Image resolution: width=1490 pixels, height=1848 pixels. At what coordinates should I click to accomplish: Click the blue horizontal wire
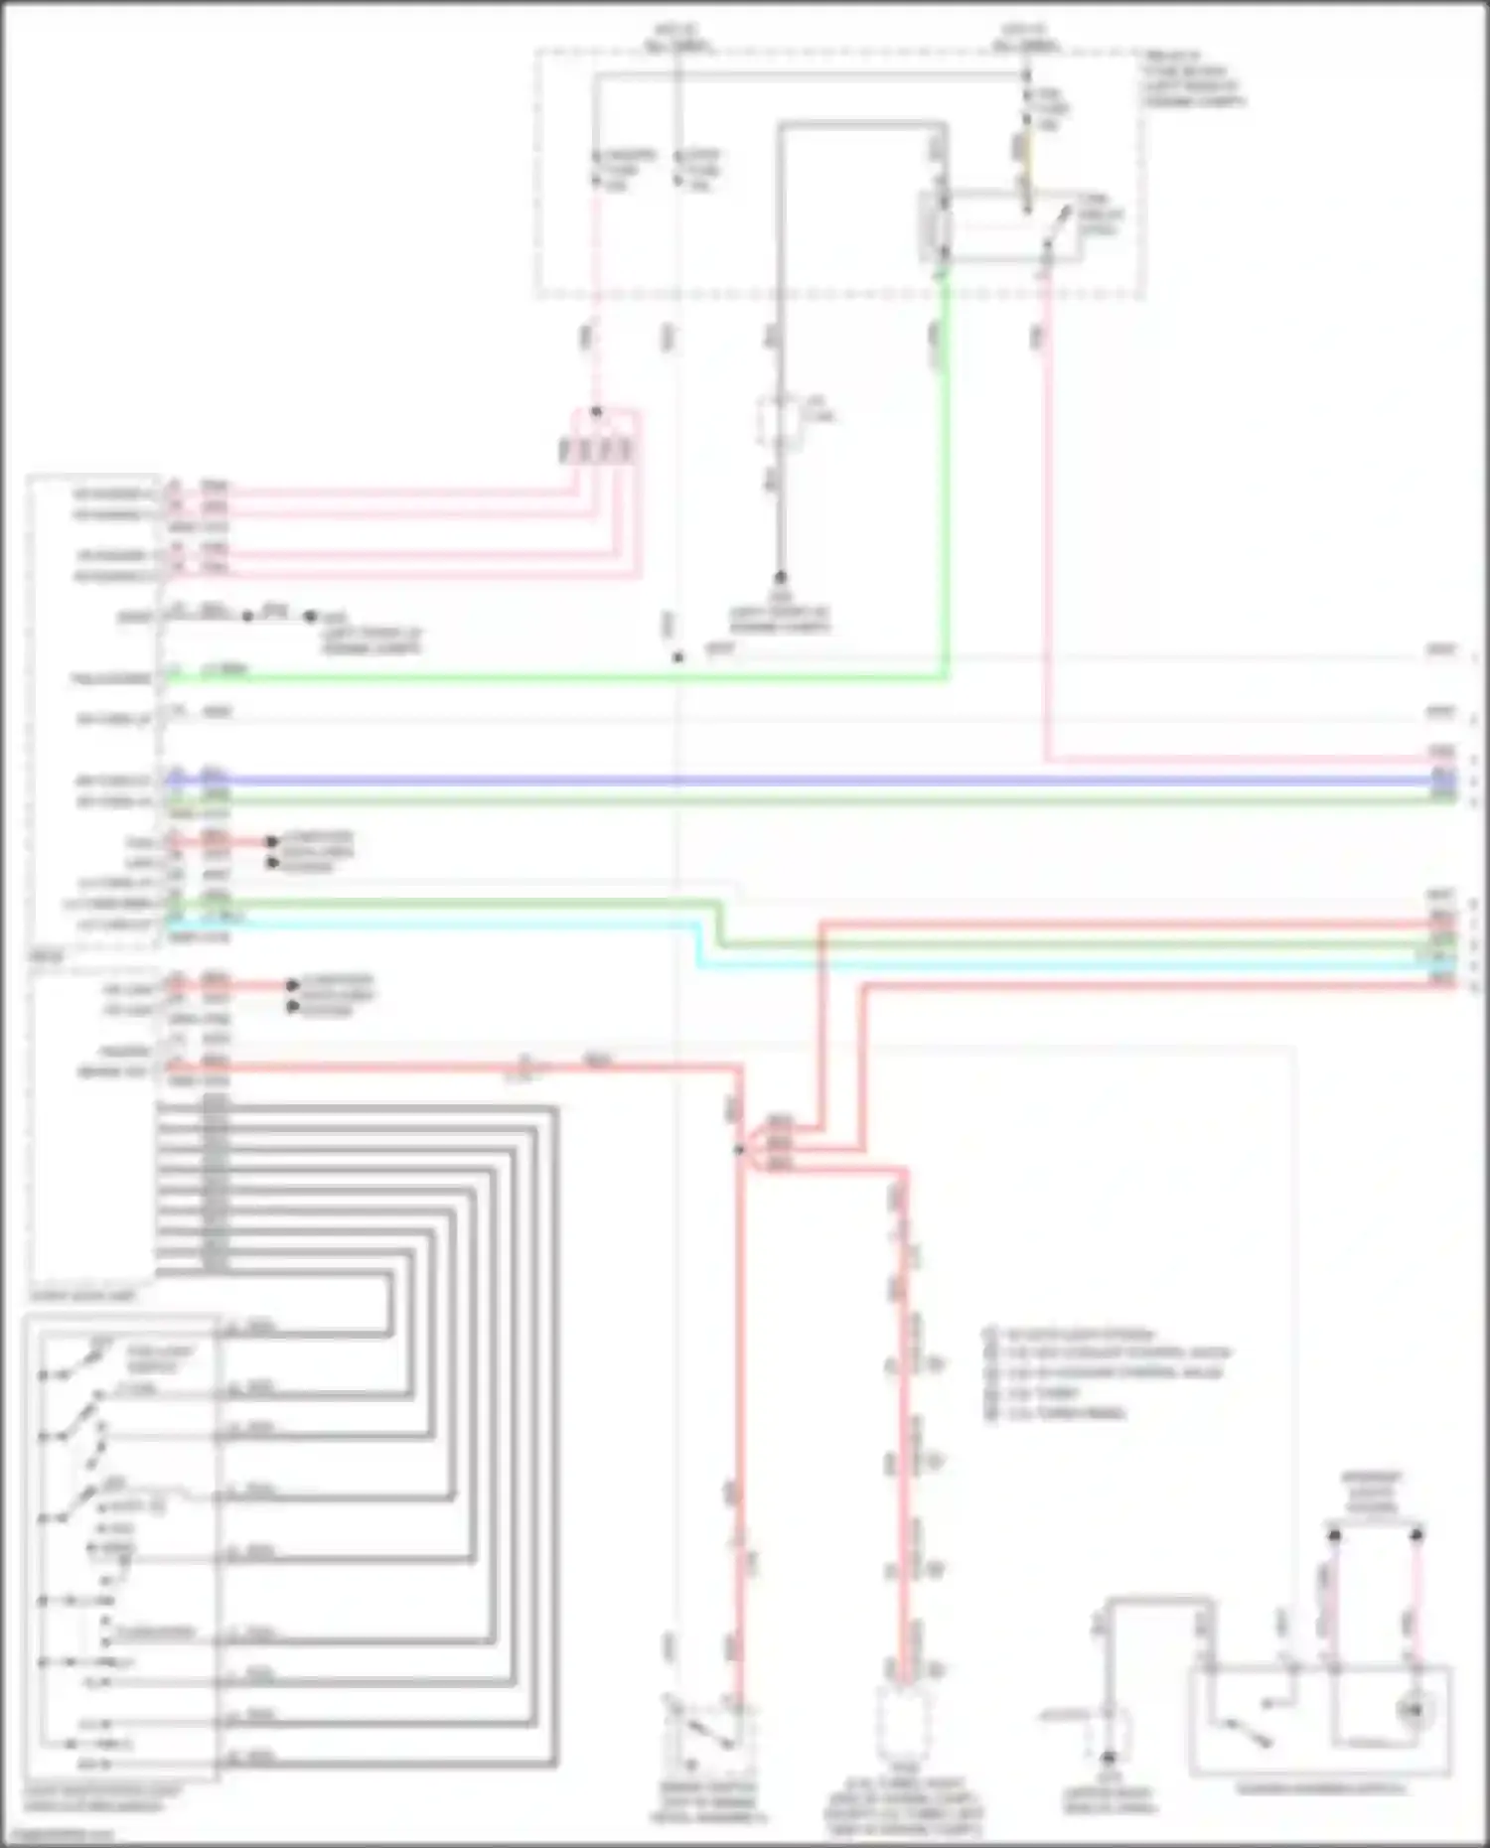(795, 781)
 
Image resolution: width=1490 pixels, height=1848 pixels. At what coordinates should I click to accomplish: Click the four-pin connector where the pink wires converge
(596, 451)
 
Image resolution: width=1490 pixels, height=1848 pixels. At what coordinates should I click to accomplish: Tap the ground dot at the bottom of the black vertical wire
(781, 577)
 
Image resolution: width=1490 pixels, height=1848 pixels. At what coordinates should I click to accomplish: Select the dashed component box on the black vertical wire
(781, 423)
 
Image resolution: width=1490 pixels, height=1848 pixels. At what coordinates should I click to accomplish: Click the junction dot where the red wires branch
(739, 1150)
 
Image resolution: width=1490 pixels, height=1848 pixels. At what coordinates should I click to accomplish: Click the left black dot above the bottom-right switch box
(1335, 1535)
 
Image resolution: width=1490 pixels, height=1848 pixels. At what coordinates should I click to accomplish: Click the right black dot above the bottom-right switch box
(1417, 1535)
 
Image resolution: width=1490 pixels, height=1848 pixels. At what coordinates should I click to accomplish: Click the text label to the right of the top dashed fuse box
(1192, 79)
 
